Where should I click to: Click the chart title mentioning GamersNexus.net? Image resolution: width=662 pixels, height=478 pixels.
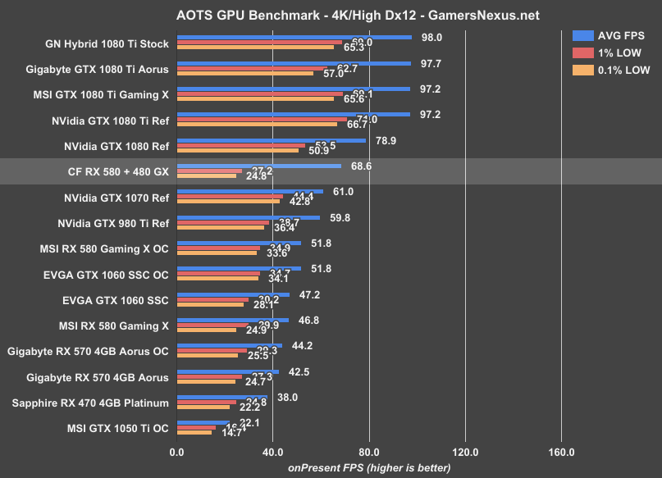click(331, 15)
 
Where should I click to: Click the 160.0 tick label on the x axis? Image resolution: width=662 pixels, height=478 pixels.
click(561, 452)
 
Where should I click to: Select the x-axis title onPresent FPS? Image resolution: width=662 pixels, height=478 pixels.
click(368, 467)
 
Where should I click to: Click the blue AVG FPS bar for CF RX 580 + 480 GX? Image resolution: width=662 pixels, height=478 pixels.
click(258, 166)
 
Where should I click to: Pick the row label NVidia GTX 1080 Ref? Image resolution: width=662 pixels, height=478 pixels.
click(116, 148)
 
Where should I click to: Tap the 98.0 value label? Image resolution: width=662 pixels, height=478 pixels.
click(431, 38)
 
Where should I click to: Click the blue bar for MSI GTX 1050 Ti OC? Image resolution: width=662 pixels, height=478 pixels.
click(203, 422)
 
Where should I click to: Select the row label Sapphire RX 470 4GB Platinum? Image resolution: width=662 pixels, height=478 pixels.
click(90, 403)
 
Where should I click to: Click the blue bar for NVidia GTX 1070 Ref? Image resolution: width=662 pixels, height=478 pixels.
click(249, 191)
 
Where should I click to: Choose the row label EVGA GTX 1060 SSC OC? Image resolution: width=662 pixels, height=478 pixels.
click(104, 275)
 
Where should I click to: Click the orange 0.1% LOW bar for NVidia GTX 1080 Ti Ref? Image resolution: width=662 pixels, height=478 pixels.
click(256, 125)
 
